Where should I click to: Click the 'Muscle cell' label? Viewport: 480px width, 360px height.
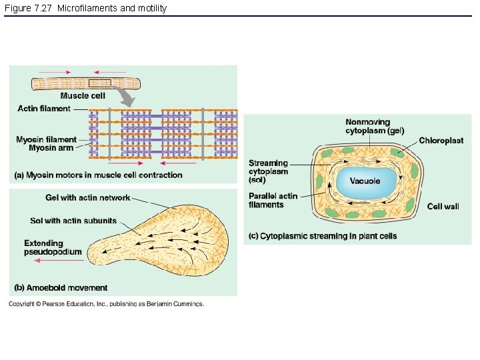coord(83,96)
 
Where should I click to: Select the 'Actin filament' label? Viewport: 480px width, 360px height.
coord(43,109)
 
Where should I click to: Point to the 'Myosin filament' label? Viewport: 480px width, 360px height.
coord(47,139)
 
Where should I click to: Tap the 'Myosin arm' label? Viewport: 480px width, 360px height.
coord(51,147)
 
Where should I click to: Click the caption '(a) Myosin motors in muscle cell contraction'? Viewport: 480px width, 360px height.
coord(98,175)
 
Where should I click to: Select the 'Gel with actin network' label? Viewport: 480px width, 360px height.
coord(87,198)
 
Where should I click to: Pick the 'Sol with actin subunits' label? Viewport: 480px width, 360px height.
coord(73,221)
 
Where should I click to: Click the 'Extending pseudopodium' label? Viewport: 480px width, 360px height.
coord(53,247)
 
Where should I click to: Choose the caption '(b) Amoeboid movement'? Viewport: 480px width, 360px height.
coord(61,288)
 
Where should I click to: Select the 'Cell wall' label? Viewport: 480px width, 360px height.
coord(443,207)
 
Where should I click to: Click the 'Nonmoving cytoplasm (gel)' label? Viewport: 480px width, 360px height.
coord(374,126)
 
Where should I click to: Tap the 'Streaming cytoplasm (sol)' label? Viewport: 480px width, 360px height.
coord(268,171)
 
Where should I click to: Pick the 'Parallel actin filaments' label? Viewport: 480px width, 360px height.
coord(273,200)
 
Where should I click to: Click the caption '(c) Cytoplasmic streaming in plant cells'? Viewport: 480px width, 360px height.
coord(322,236)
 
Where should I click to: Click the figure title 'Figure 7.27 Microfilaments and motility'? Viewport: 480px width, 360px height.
coord(85,8)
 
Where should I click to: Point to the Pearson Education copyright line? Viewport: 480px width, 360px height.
coord(106,304)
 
